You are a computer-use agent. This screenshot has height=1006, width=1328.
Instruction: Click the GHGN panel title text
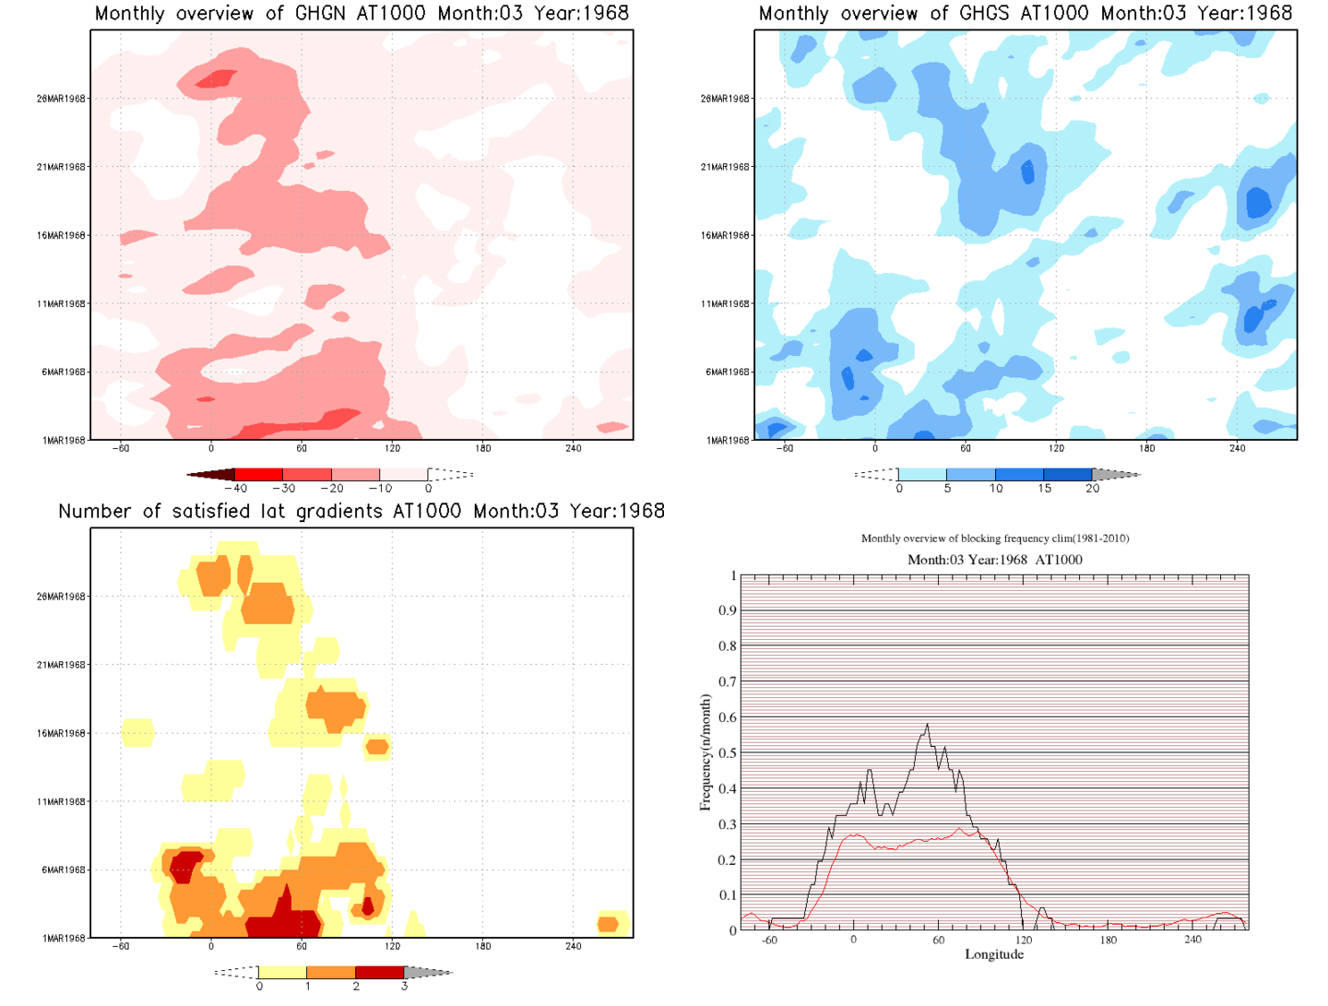click(x=362, y=14)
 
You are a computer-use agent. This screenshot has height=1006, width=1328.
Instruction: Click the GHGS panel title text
click(x=1025, y=14)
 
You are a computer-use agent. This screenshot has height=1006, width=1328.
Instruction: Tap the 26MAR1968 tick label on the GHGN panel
click(x=61, y=99)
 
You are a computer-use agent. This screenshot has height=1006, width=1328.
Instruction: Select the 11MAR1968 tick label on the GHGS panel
click(x=725, y=304)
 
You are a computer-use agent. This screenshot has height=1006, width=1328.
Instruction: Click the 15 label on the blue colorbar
click(x=1044, y=489)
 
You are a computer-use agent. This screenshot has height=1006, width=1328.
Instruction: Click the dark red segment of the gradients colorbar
click(x=379, y=972)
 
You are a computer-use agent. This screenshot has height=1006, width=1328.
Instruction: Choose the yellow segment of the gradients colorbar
click(x=282, y=972)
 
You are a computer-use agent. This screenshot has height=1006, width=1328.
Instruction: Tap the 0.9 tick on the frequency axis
click(x=728, y=610)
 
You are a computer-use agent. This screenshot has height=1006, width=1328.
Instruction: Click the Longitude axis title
click(x=994, y=954)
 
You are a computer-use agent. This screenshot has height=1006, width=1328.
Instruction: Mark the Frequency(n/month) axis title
click(x=705, y=752)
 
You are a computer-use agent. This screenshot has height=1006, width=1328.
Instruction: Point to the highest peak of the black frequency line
click(x=927, y=726)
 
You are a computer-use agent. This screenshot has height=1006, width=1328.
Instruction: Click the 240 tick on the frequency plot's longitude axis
click(x=1192, y=940)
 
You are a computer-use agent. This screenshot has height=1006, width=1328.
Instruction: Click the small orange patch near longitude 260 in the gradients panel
click(x=608, y=924)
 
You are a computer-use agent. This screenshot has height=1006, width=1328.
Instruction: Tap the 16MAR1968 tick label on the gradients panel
click(x=61, y=734)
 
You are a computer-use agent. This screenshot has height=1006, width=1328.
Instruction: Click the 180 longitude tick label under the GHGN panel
click(x=482, y=449)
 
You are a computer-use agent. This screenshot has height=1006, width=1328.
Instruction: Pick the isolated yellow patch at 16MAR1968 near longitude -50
click(x=137, y=733)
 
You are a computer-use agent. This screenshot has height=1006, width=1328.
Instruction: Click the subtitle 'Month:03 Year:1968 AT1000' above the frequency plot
click(x=994, y=560)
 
